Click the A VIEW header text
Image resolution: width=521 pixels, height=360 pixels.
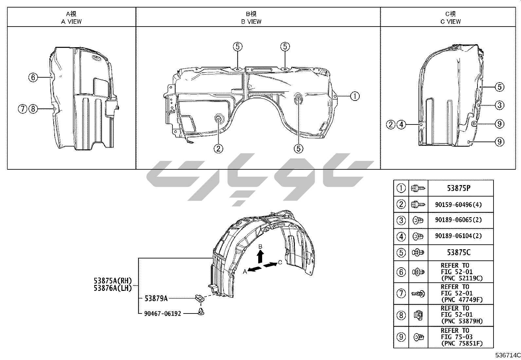tap(71, 22)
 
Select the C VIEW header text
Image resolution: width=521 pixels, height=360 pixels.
tap(451, 22)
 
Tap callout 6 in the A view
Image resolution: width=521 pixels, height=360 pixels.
tap(33, 77)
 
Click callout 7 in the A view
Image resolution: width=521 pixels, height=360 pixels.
tap(23, 109)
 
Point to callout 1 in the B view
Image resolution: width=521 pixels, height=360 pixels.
tap(355, 96)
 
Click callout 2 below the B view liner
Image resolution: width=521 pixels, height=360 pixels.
tap(218, 149)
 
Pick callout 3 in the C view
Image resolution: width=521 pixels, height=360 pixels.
tap(499, 105)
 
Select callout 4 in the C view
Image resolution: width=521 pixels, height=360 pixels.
tap(401, 124)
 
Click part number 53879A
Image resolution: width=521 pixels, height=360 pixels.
tap(156, 298)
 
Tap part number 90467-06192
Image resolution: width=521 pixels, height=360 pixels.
tap(163, 314)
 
